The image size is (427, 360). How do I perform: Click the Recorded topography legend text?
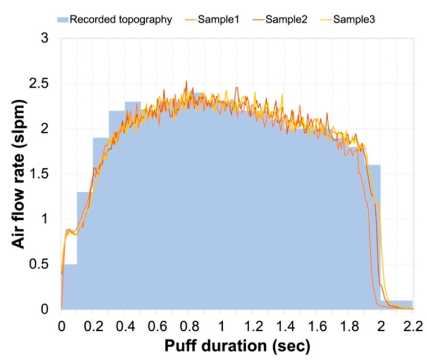(121, 20)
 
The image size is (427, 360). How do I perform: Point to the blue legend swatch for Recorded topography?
(63, 20)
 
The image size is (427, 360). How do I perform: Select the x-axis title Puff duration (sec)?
(236, 345)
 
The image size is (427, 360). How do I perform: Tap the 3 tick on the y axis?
(46, 38)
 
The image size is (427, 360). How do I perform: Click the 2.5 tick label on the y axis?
(41, 84)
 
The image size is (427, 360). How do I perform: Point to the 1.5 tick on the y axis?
(41, 174)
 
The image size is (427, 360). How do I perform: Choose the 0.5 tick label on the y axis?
(41, 264)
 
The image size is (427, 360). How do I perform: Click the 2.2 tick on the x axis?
(412, 324)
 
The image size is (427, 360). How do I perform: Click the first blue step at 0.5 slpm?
(69, 286)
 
